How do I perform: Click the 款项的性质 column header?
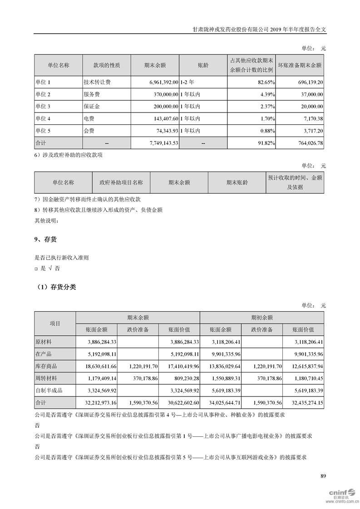click(107, 65)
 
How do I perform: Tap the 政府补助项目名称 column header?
click(121, 182)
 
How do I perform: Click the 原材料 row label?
click(44, 342)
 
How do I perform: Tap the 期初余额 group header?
click(262, 318)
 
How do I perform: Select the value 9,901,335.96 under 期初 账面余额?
click(222, 354)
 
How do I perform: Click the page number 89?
click(323, 476)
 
